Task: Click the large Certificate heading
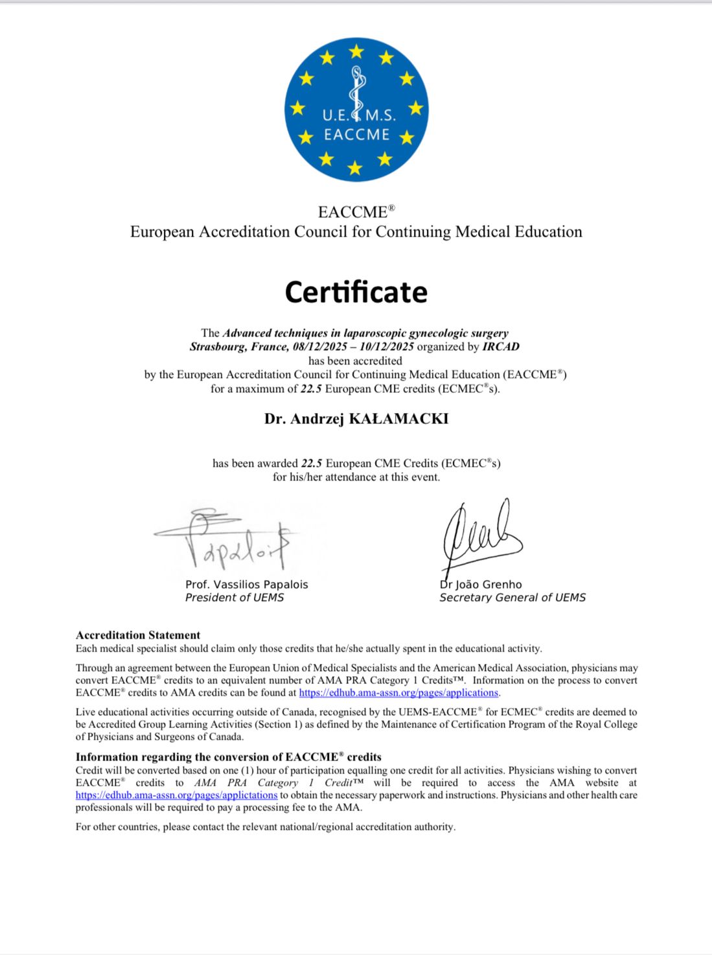[x=356, y=292]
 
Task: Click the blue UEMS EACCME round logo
[x=356, y=109]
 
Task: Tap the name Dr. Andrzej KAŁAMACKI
[x=356, y=418]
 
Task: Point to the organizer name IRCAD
[x=501, y=347]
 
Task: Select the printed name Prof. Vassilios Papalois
[x=246, y=584]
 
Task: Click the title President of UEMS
[x=234, y=598]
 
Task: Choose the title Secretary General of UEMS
[x=512, y=598]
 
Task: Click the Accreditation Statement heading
[x=138, y=635]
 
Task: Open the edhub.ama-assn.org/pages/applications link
[x=398, y=692]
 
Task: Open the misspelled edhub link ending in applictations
[x=176, y=796]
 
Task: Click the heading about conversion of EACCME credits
[x=228, y=757]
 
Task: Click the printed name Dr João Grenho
[x=481, y=584]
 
